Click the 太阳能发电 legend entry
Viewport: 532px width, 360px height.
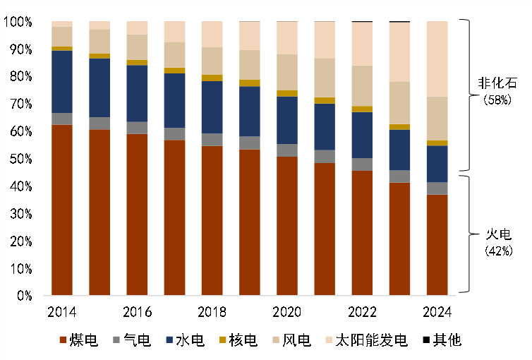(375, 341)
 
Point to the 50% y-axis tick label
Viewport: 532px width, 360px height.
(20, 160)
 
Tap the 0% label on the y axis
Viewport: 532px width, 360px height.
(23, 296)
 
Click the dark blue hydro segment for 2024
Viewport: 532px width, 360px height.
(437, 164)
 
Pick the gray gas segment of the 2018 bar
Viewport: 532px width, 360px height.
(212, 140)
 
